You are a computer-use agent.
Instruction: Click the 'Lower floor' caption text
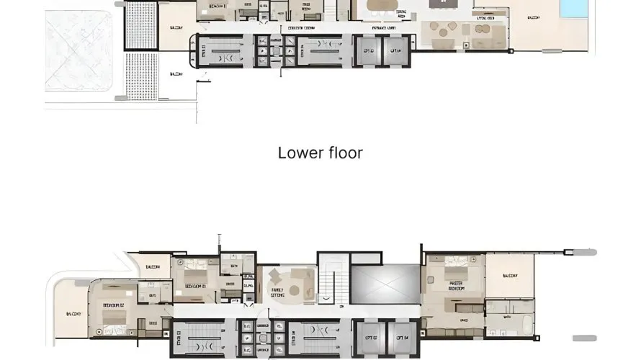point(320,153)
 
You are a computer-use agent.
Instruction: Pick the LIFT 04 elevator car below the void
point(398,337)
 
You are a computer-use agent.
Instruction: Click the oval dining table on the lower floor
point(382,6)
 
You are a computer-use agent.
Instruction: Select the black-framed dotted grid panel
point(140,24)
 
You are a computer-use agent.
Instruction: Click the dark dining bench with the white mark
point(438,4)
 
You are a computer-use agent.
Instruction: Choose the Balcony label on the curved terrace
point(73,314)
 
